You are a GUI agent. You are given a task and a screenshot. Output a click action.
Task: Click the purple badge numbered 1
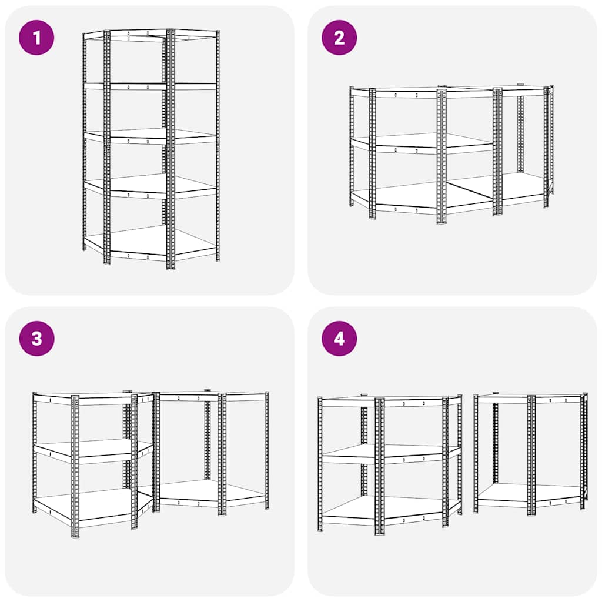[x=37, y=38]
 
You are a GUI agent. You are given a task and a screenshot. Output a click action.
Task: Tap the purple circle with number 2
[x=339, y=38]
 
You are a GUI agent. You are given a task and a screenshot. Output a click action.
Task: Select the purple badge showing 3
[x=37, y=339]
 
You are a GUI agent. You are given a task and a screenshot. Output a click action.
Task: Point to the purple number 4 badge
[x=339, y=339]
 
